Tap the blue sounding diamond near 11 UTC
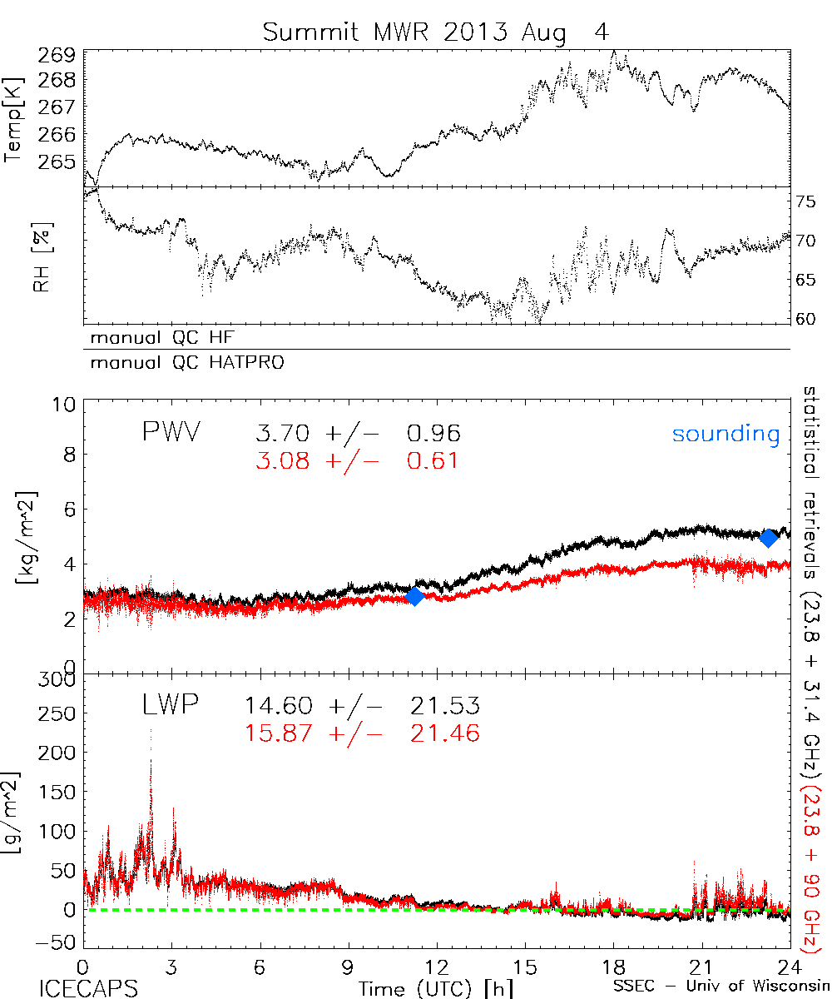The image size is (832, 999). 414,596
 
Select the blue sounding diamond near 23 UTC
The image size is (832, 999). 769,537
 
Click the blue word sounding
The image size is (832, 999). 726,434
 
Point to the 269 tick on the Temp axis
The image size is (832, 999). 57,55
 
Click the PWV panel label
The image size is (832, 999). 170,433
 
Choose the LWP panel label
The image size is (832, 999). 168,706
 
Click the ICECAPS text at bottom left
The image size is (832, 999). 87,988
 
